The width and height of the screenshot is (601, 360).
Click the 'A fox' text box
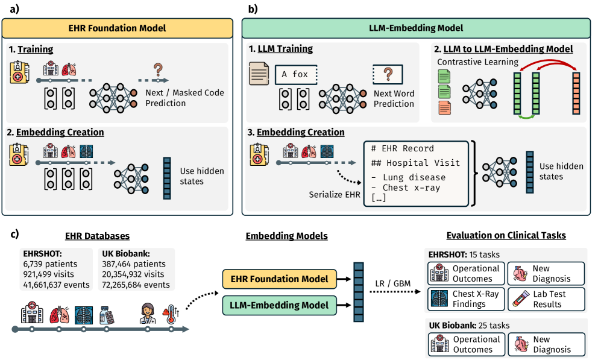point(295,75)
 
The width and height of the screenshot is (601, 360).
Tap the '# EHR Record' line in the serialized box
point(403,148)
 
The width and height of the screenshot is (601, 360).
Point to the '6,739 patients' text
point(51,264)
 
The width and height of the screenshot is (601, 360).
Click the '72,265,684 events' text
point(136,285)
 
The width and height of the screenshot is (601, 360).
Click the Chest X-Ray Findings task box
point(464,298)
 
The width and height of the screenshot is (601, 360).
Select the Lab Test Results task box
point(546,298)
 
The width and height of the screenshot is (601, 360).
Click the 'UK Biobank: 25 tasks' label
point(468,326)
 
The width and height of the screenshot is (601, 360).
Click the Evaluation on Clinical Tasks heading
point(506,236)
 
